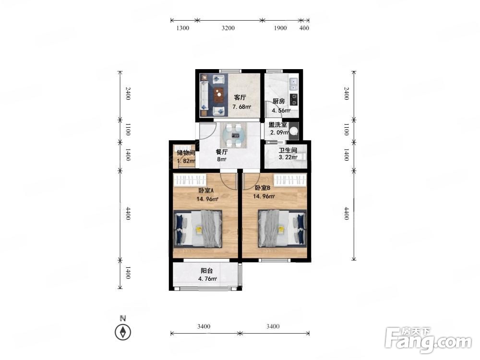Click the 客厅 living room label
tap(240, 97)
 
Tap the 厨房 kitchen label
tap(278, 101)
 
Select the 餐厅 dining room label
tap(222, 152)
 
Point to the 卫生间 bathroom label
tap(288, 150)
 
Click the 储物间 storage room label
tap(186, 153)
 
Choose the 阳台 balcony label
tap(206, 271)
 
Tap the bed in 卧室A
tap(198, 228)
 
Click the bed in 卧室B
tap(282, 228)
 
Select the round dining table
tap(235, 135)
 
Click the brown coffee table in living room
tap(219, 95)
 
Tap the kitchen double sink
tap(293, 84)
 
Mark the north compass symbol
tap(123, 332)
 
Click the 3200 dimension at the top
tap(228, 28)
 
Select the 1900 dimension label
tap(280, 28)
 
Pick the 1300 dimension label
tap(182, 28)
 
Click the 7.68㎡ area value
tap(241, 107)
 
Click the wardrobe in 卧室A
tap(190, 180)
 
